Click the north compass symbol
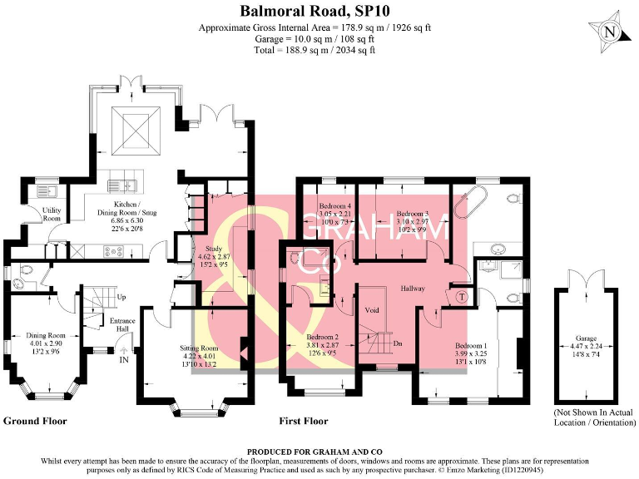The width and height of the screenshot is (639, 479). point(611,32)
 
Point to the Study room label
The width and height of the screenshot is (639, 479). point(209,253)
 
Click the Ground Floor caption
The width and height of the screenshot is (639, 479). point(35,421)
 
